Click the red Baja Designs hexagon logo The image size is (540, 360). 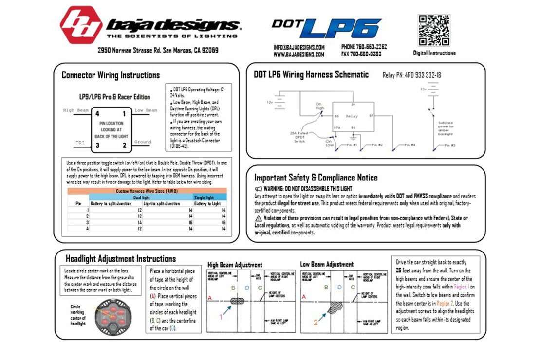click(x=81, y=25)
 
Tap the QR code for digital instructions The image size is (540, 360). click(x=434, y=30)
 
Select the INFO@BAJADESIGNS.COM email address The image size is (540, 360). click(x=299, y=47)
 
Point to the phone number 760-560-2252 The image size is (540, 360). click(x=364, y=47)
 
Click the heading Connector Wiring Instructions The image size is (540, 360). click(x=111, y=75)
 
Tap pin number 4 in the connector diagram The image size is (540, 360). click(x=98, y=114)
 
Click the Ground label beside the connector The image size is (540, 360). click(x=143, y=142)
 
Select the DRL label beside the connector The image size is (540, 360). click(x=80, y=143)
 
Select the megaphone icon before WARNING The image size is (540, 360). click(x=258, y=189)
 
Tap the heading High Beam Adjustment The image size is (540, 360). click(x=235, y=265)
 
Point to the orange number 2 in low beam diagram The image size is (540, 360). click(x=315, y=322)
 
